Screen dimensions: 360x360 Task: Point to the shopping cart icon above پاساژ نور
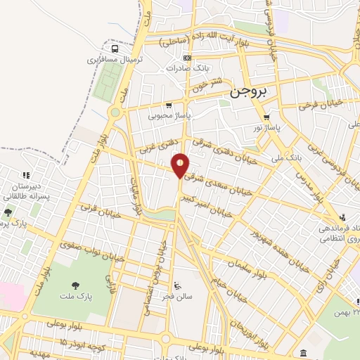tap(266, 117)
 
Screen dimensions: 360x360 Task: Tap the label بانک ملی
tap(288, 158)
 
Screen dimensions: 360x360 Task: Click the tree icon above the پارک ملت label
tap(74, 285)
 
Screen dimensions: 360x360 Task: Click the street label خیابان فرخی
tap(320, 105)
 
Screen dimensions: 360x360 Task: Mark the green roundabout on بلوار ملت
tap(115, 112)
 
